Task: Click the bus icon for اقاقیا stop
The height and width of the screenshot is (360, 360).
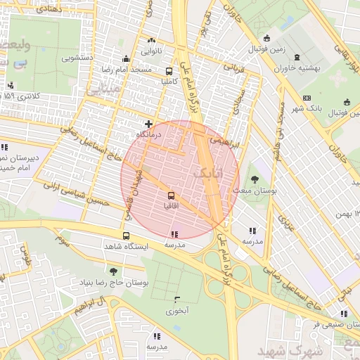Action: [171, 195]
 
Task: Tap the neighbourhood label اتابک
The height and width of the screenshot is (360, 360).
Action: [205, 171]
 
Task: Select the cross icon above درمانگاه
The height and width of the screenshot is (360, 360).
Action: [148, 123]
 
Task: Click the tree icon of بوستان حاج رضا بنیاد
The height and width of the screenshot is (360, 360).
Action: [112, 271]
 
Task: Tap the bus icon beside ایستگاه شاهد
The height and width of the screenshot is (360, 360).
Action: [126, 236]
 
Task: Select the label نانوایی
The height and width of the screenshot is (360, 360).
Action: [152, 51]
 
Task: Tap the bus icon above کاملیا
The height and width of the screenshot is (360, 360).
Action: [169, 71]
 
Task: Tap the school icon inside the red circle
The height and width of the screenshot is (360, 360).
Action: [174, 234]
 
